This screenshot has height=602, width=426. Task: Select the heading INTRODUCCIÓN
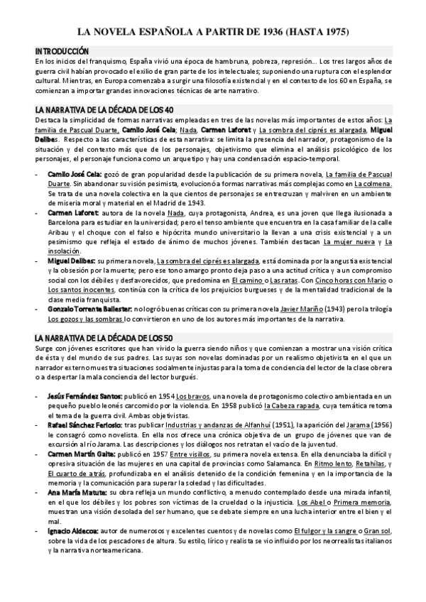62,52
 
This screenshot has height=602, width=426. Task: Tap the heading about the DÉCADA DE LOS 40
110,110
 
